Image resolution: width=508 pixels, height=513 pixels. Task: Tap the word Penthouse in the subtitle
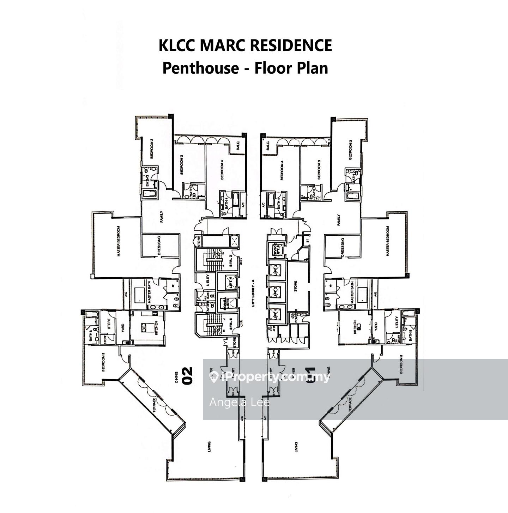200,68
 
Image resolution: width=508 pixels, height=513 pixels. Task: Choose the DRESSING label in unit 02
159,246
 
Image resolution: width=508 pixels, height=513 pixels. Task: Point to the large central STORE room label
295,284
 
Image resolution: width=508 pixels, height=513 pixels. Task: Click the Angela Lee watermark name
239,403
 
